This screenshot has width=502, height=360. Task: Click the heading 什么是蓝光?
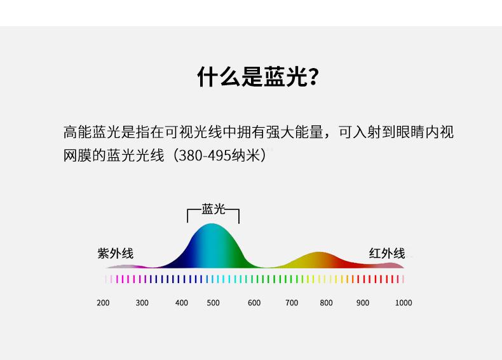coord(258,77)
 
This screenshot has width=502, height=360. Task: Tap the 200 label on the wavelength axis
coord(103,303)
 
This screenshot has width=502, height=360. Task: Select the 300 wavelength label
coord(142,303)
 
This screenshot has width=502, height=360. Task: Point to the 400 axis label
coord(182,303)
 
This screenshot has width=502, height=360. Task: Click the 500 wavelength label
coord(214,303)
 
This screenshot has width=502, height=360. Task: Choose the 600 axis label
coord(254,303)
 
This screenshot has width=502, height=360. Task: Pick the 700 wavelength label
coord(292,303)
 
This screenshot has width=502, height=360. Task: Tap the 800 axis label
coord(326,303)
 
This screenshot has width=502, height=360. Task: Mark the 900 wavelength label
coord(363,303)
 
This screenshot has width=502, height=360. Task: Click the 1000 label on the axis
coord(404,303)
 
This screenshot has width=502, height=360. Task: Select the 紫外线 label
coord(116,253)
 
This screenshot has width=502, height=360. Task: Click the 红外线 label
coord(387,253)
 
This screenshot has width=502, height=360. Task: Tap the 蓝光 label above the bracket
coord(214,209)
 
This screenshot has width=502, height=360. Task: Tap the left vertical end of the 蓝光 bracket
coord(187,216)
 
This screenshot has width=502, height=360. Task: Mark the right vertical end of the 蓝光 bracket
coord(239,216)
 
